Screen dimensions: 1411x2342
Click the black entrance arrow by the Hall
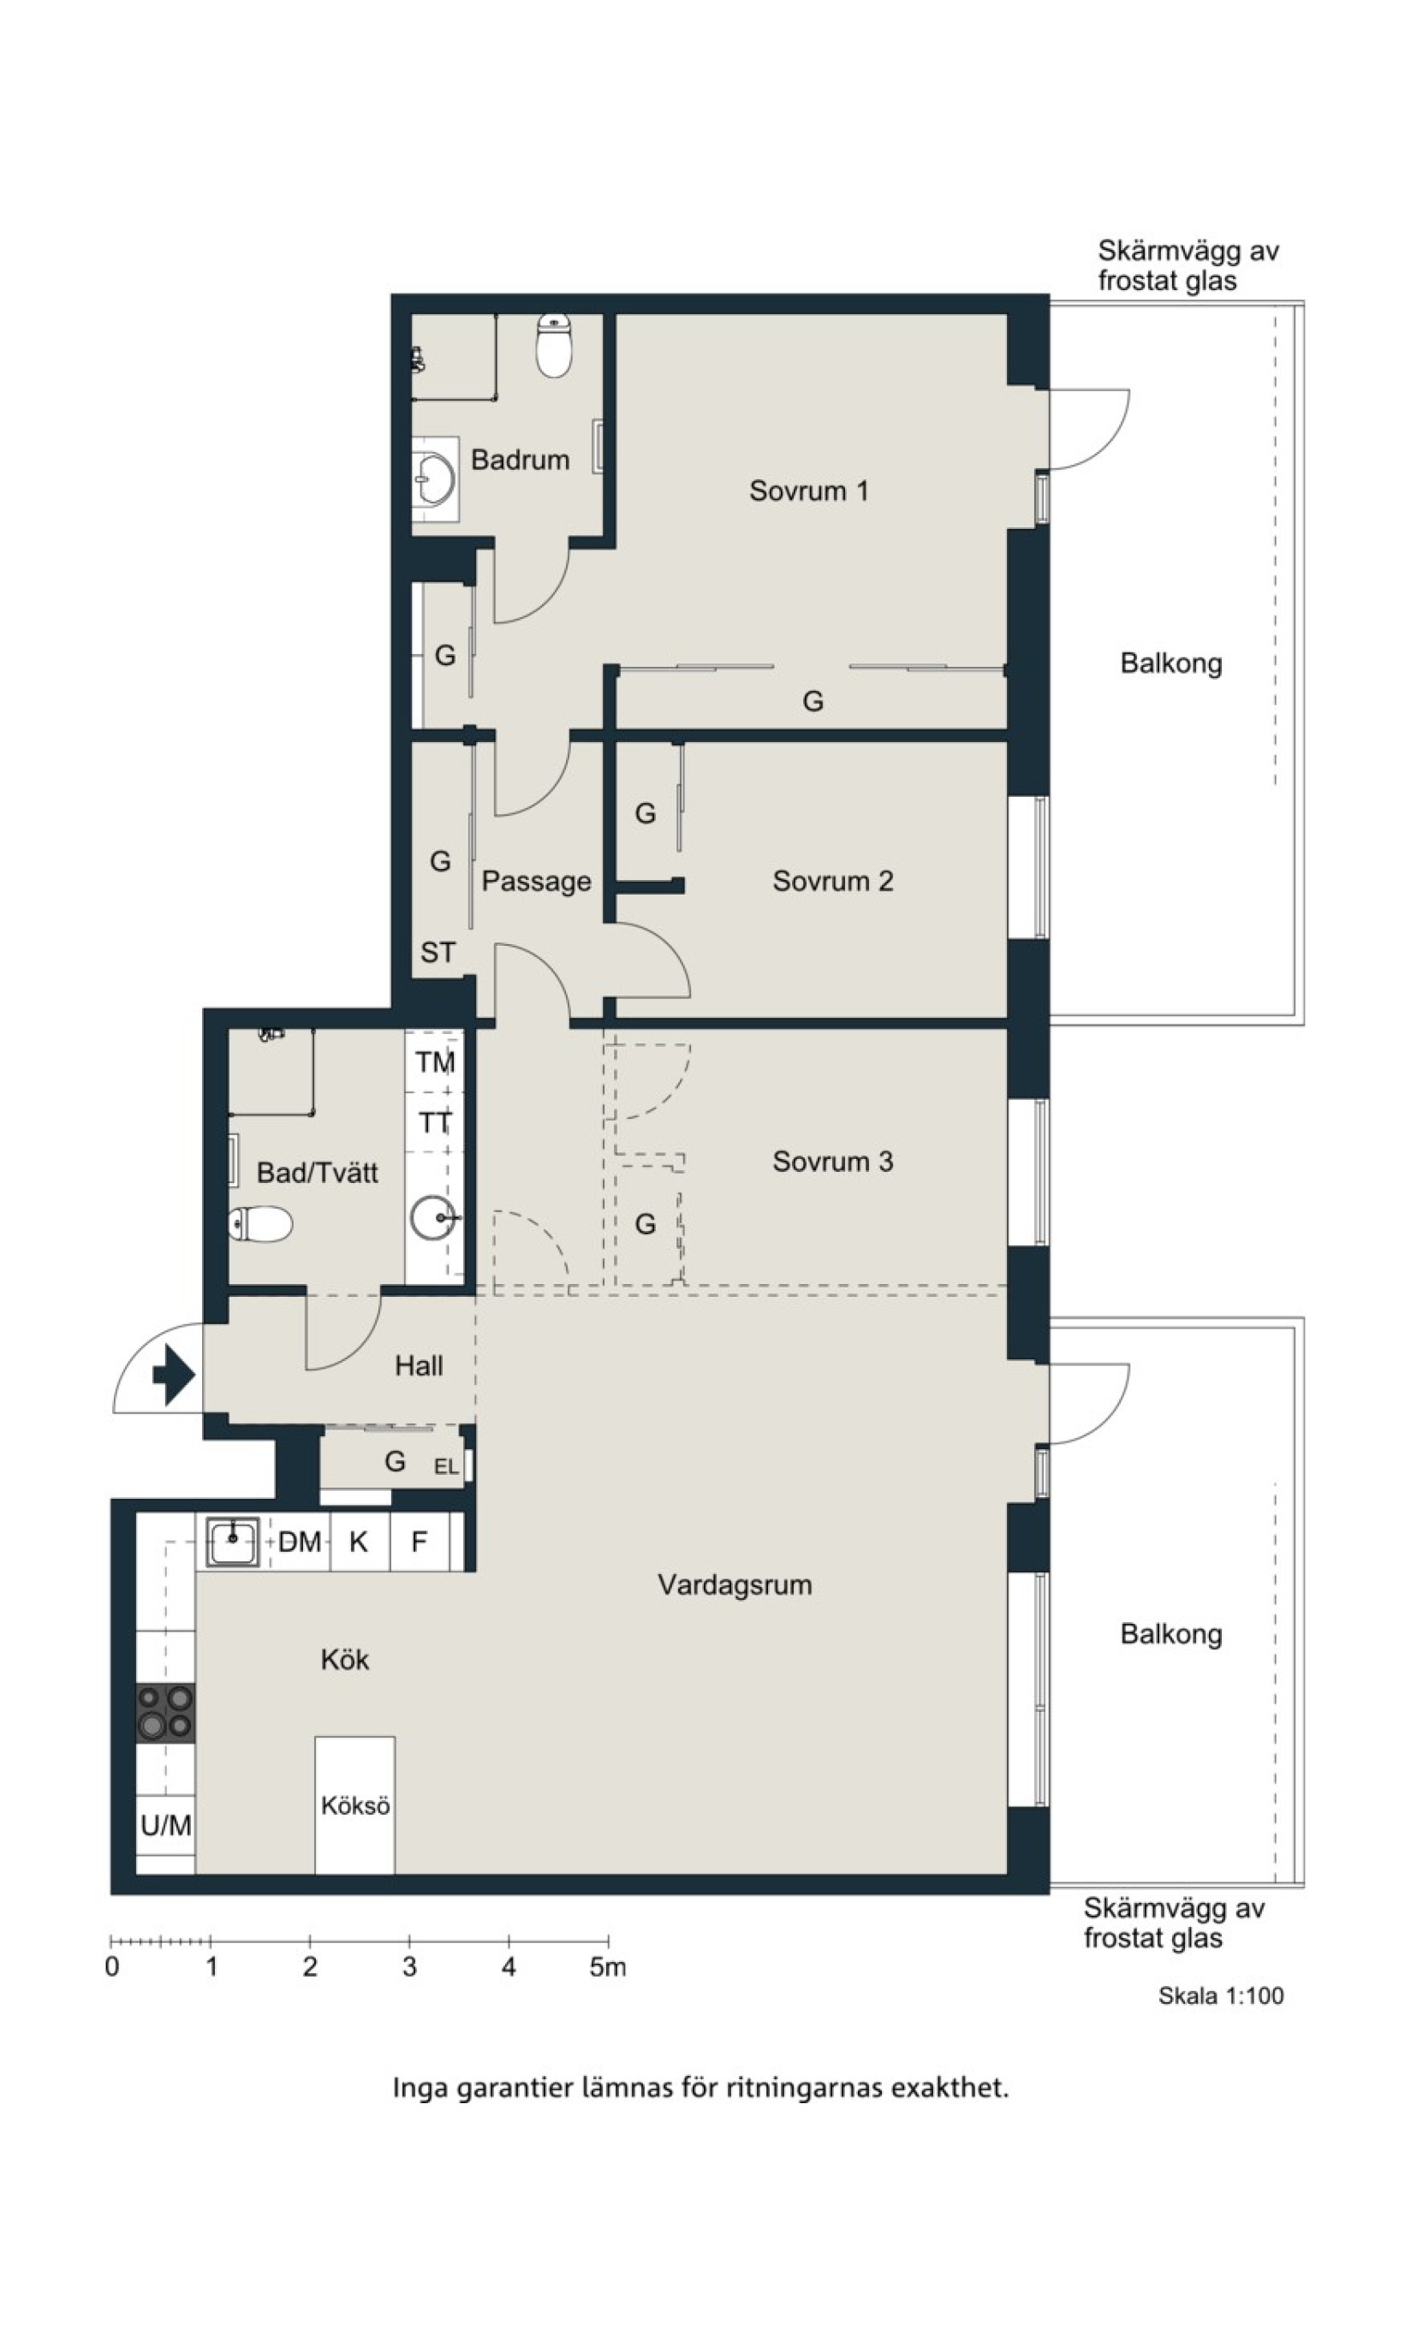[x=174, y=1375]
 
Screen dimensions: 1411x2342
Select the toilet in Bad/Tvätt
[x=260, y=1224]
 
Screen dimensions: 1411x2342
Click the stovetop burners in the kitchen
[x=165, y=1712]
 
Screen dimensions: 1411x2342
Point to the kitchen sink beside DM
[x=233, y=1542]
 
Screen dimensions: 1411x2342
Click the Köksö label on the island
[x=354, y=1805]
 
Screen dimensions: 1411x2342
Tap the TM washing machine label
[x=435, y=1061]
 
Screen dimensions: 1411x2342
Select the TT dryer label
[x=435, y=1122]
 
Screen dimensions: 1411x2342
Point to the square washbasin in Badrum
[x=436, y=479]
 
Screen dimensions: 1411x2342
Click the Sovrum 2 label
[x=833, y=881]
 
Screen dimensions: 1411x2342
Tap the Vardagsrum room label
[x=735, y=1584]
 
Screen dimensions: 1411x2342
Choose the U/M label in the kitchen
[x=166, y=1825]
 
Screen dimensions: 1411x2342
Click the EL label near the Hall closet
[x=446, y=1466]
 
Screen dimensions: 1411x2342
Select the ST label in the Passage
[x=438, y=952]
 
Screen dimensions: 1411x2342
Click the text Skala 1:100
[x=1221, y=1996]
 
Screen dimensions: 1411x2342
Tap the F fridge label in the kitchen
[x=419, y=1541]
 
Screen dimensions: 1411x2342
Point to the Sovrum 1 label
[x=808, y=490]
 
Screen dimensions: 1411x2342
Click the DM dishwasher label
[x=300, y=1541]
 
